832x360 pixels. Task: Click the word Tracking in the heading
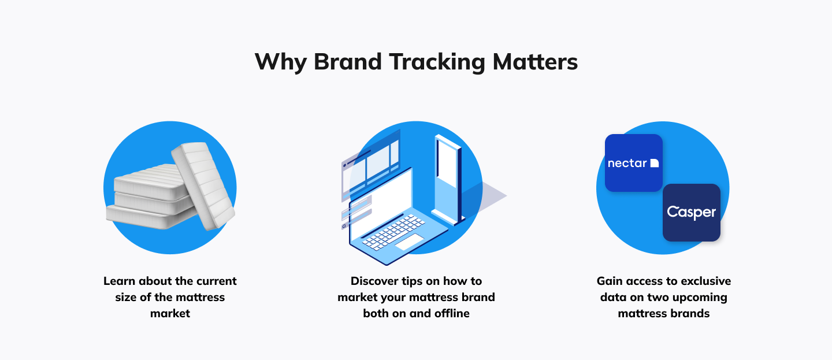[x=437, y=62]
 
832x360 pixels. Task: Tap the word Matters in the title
[x=535, y=61]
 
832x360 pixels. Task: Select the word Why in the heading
[x=280, y=62]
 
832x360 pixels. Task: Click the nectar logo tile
[x=634, y=163]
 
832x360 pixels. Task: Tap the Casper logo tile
[x=692, y=213]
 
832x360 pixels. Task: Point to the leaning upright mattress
[x=203, y=185]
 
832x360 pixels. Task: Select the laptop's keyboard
[x=393, y=232]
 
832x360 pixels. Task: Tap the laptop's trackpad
[x=409, y=242]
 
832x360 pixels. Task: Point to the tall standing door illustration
[x=448, y=180]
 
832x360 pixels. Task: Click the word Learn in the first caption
[x=119, y=281]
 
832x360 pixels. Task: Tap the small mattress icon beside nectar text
[x=655, y=163]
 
